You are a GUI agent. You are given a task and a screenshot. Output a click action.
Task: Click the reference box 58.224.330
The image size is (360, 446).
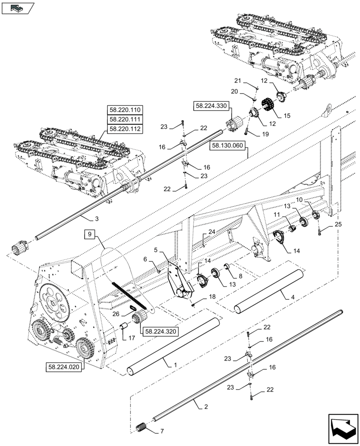pos(210,106)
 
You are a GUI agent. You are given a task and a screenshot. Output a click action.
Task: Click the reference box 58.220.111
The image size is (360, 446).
pos(123,120)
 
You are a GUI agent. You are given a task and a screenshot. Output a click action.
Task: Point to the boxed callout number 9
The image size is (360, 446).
pos(89,234)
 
